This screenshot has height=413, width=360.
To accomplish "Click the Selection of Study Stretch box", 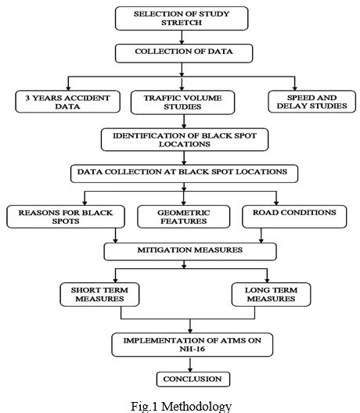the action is (x=182, y=19).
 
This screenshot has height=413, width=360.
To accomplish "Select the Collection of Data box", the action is (x=184, y=53).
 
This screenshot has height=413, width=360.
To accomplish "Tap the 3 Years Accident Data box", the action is (x=68, y=102).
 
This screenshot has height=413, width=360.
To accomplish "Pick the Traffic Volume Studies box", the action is (x=182, y=102).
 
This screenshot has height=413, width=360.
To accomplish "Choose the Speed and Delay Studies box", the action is (x=311, y=102).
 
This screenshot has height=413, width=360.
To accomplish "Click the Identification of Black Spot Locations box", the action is (x=185, y=139).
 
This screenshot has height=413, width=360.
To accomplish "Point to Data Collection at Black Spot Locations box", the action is (x=184, y=174).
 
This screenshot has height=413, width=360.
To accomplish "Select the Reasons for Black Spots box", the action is (x=66, y=217).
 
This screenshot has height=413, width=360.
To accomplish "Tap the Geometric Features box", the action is (x=184, y=217).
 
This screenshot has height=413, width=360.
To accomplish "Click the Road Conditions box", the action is (x=294, y=217).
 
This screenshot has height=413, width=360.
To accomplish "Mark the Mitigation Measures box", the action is (x=190, y=252).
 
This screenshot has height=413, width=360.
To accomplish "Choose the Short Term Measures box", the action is (x=99, y=294).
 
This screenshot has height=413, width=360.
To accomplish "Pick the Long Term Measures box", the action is (x=272, y=294).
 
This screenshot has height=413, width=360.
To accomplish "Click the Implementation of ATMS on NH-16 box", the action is (x=192, y=345).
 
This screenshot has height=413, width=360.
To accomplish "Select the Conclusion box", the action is (x=193, y=379).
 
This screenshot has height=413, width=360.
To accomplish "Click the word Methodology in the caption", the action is (x=196, y=406).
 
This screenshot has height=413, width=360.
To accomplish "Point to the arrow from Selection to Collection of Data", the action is (x=182, y=37).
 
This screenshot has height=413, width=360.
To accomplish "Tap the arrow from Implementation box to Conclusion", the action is (x=190, y=365).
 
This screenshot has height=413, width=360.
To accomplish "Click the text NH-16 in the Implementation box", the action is (x=192, y=349).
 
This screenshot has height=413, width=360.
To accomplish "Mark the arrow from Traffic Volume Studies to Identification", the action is (x=184, y=121).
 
